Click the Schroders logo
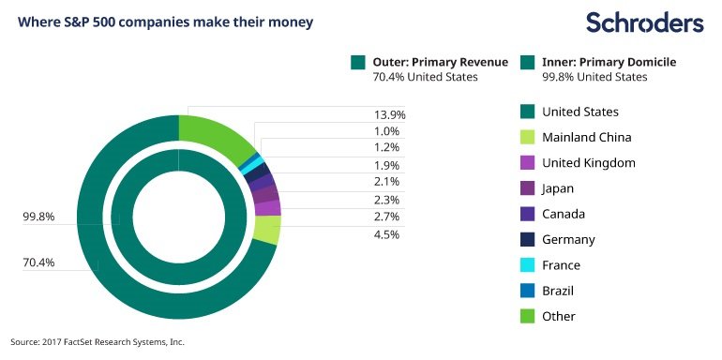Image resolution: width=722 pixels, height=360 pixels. click(645, 23)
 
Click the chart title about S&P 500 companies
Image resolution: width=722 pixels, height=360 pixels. click(165, 22)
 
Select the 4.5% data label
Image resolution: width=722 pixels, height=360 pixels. click(387, 234)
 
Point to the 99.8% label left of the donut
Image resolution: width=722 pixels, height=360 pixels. click(38, 217)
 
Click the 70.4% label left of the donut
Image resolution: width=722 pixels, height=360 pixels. click(38, 262)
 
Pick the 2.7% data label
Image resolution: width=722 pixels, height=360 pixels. click(387, 217)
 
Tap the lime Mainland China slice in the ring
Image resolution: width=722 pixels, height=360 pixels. click(267, 230)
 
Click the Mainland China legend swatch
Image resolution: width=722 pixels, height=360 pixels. click(527, 137)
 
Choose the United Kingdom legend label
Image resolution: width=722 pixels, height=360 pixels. click(589, 162)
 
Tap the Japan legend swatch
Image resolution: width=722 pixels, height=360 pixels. click(527, 188)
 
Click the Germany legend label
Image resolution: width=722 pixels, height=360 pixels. click(568, 239)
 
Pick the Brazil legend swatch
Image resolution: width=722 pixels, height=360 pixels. click(527, 291)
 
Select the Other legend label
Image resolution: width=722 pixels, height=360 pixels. click(559, 316)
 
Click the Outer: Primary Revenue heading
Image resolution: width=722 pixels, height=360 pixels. click(441, 62)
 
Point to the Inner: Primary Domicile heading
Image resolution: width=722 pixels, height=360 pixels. click(609, 62)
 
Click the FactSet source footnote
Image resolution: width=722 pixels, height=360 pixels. click(98, 342)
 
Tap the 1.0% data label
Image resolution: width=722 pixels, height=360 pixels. click(387, 131)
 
